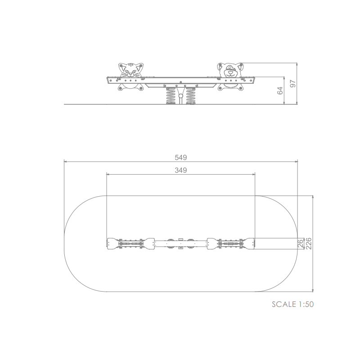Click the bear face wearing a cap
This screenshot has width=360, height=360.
[x=230, y=70]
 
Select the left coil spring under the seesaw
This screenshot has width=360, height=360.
[x=171, y=96]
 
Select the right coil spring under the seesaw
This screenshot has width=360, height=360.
[x=190, y=96]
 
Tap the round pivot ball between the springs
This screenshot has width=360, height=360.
[x=181, y=96]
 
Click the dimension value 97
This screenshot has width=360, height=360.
[x=293, y=84]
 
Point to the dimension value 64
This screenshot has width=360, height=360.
[x=280, y=91]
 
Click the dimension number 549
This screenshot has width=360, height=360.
[x=181, y=157]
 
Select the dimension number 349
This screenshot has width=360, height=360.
[x=181, y=170]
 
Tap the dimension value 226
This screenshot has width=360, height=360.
[x=309, y=243]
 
